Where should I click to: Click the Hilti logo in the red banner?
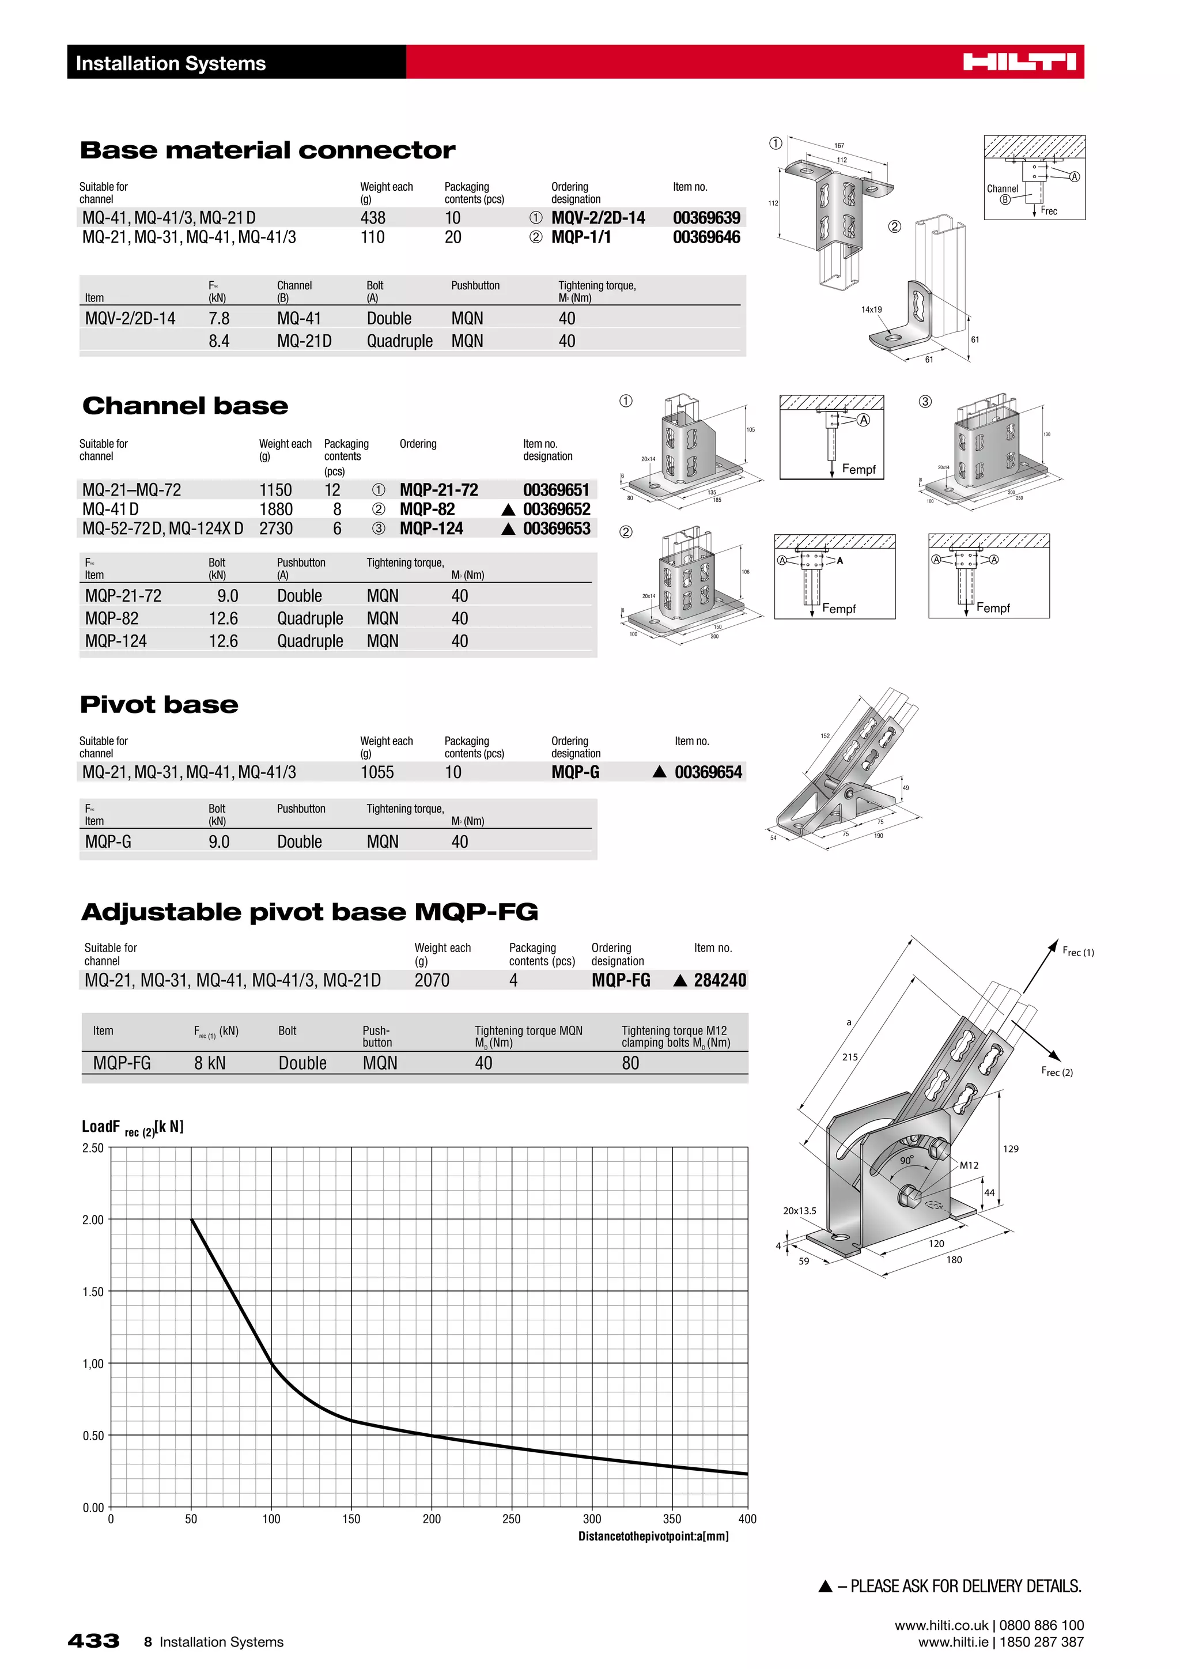pos(1019,62)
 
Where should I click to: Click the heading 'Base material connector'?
pos(267,150)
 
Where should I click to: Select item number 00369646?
pos(706,237)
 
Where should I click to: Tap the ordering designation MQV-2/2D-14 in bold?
pos(597,218)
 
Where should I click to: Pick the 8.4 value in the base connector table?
pos(219,341)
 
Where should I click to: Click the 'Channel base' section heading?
pos(186,406)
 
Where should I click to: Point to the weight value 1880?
pos(276,509)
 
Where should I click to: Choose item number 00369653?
pos(557,528)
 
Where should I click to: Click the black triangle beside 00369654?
pos(659,772)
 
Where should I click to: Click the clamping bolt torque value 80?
pos(630,1063)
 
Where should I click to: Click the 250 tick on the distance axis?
pos(512,1519)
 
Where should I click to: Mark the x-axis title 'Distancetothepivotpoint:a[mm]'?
pos(653,1536)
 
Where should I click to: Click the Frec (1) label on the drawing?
pos(1077,951)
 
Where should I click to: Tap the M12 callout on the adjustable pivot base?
pos(969,1165)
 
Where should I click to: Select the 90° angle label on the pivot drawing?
pos(907,1160)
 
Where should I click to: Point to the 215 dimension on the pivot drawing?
pos(849,1057)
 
